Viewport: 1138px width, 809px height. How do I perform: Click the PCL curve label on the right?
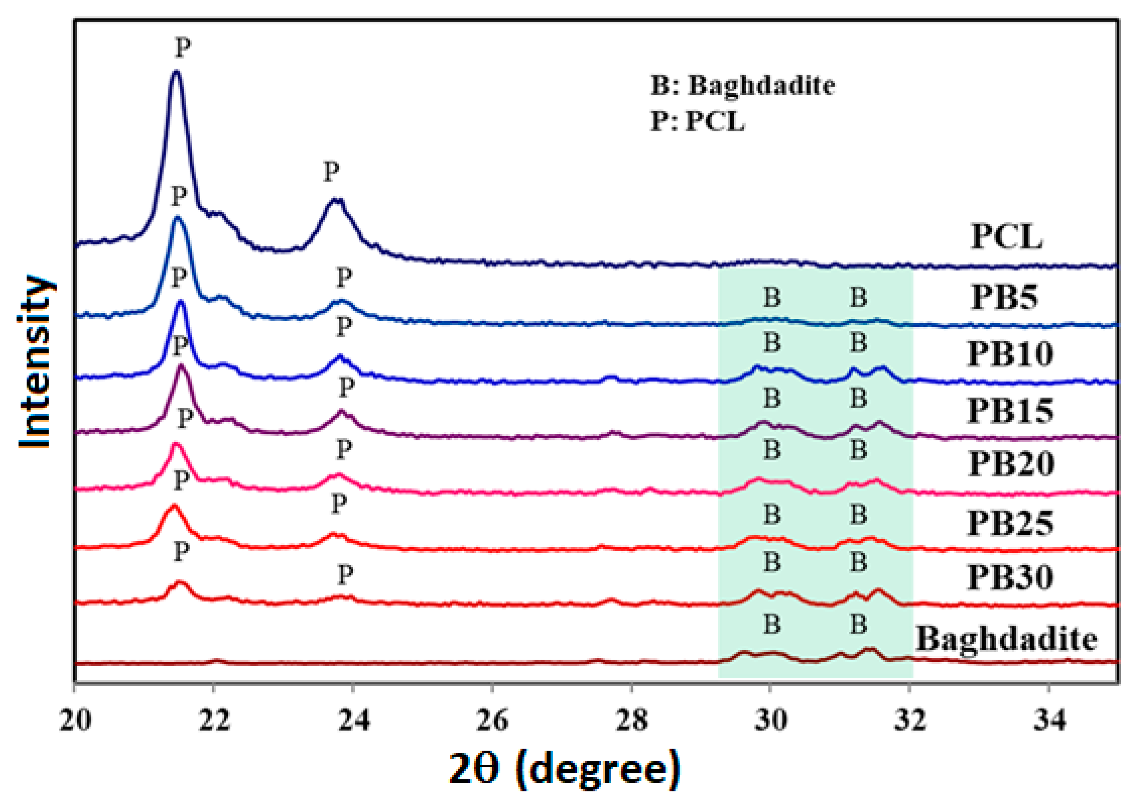tap(1006, 236)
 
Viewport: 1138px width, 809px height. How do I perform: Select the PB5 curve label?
tap(1005, 297)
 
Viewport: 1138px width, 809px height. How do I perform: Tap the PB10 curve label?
tap(1010, 354)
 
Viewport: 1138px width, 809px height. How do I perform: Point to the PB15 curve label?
tap(1010, 411)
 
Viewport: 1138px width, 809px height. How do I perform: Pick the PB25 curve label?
tap(1010, 523)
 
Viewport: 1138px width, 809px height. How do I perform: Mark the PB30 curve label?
tap(1010, 577)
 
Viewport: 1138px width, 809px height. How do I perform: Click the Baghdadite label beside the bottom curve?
tap(1006, 639)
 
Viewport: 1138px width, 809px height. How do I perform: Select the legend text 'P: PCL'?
tap(698, 121)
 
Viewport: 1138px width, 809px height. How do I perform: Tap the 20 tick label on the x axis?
tap(75, 720)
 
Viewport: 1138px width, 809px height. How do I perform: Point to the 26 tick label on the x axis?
tap(492, 720)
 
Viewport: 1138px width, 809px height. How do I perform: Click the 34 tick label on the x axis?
tap(1049, 720)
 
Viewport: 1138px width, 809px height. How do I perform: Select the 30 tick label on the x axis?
tap(770, 720)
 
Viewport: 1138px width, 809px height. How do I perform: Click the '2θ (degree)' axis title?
tap(564, 770)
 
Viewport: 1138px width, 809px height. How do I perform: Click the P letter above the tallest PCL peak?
tap(183, 48)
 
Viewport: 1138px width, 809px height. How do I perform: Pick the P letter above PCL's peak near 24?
tap(331, 172)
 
